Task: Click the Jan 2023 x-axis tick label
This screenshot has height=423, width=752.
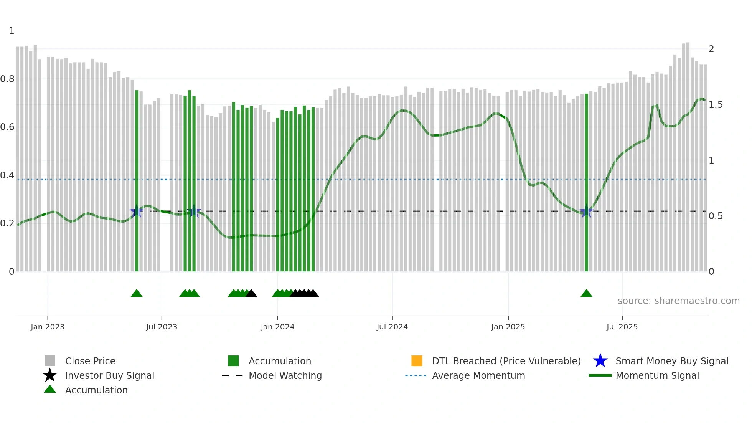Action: tap(48, 327)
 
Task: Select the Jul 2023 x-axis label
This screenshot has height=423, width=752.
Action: tap(162, 327)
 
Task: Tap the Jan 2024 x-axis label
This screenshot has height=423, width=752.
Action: tap(277, 327)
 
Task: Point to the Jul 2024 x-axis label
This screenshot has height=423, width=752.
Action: tap(392, 327)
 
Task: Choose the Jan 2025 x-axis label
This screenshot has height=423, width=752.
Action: tap(508, 327)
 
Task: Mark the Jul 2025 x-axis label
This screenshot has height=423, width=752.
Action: tap(622, 327)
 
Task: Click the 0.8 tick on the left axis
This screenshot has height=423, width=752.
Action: tap(7, 79)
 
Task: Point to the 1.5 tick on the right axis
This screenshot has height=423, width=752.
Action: tap(716, 105)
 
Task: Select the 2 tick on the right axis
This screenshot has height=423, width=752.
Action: tap(711, 49)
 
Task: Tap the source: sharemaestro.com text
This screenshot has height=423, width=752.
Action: tap(678, 301)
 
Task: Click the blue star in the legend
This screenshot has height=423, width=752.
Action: tap(600, 361)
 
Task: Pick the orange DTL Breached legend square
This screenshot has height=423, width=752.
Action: tap(417, 361)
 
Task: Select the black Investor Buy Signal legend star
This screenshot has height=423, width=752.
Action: tap(50, 375)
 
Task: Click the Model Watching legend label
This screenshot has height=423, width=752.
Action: tap(285, 375)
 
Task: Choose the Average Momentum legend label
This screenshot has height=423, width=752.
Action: tap(478, 375)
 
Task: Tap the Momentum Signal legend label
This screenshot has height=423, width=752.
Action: tap(657, 375)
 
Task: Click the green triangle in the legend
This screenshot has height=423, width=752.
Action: tap(50, 389)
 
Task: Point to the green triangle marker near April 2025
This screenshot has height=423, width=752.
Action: tap(586, 294)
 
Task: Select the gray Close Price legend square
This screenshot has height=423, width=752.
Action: tap(50, 361)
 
